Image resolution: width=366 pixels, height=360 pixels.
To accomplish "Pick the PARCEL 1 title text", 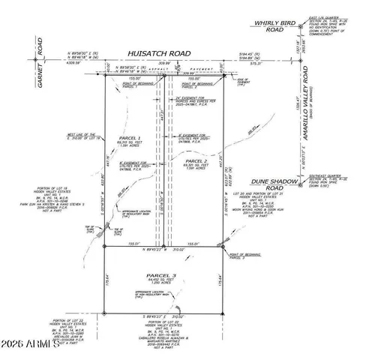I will click(x=130, y=139).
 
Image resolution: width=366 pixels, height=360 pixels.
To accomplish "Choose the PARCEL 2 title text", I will click(x=196, y=160).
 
